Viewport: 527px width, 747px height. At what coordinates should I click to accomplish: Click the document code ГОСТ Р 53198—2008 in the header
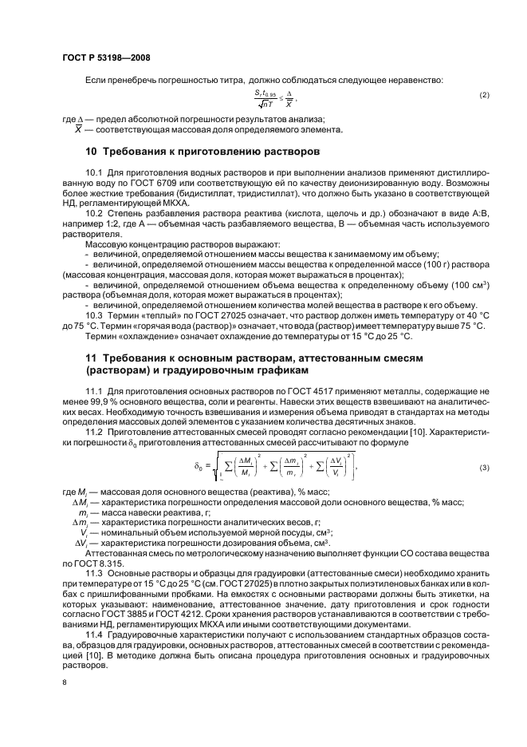point(105,57)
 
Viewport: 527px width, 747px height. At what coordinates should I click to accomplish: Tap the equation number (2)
point(484,96)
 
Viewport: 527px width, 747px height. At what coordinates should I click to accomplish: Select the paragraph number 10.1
point(94,172)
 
